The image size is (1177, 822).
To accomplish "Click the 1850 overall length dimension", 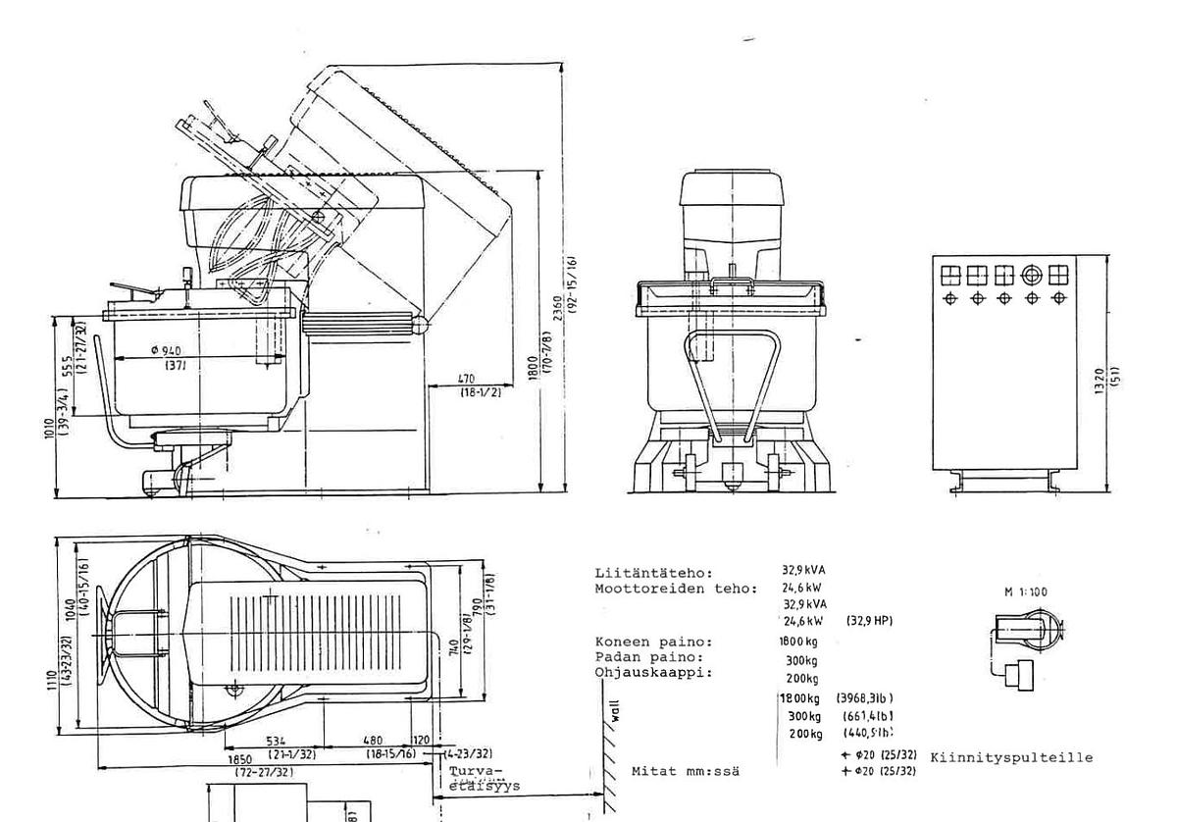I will pos(243,759).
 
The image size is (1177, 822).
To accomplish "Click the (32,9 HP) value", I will pos(868,622).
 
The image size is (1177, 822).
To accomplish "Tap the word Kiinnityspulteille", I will pos(1010,758).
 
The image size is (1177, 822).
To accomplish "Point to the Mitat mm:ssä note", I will pos(686,771).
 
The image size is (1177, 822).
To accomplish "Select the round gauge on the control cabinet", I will pos(1031,275).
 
